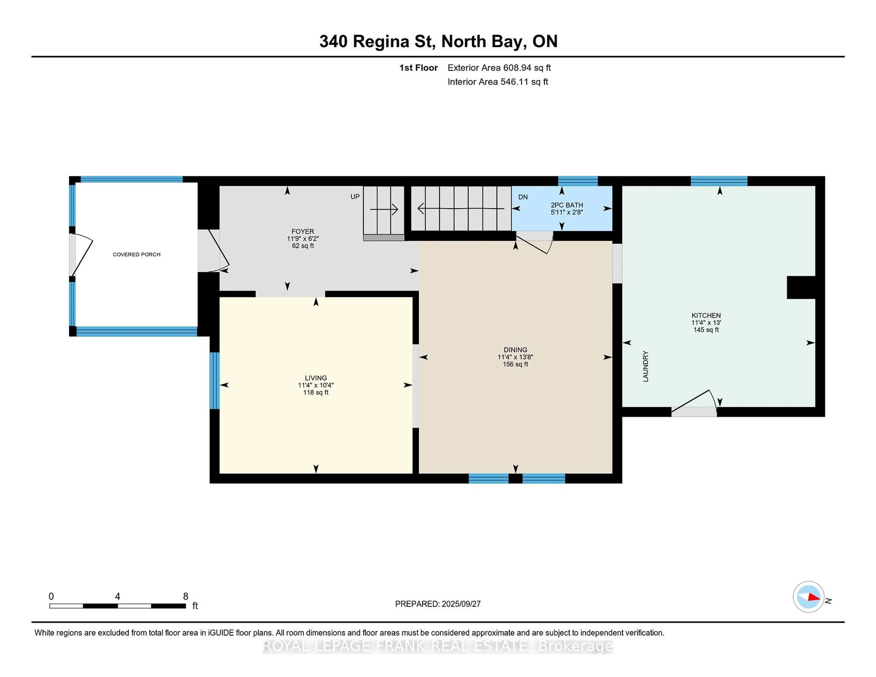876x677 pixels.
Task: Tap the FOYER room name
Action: click(303, 232)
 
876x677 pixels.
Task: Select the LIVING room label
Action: click(316, 378)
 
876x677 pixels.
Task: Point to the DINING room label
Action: click(515, 350)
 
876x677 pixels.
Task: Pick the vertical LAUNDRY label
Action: click(645, 366)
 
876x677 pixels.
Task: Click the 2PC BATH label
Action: click(567, 205)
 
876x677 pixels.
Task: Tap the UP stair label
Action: click(355, 197)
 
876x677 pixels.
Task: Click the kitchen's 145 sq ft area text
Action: click(706, 330)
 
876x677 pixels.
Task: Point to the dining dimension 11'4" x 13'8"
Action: click(515, 357)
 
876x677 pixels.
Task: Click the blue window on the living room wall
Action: click(215, 381)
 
